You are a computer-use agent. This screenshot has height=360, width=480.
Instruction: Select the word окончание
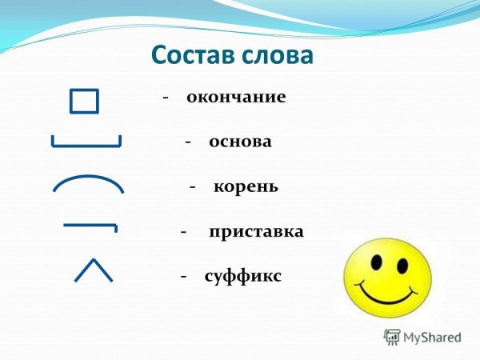pos(236,98)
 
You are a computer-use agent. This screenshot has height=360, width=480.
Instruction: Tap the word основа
pos(240,142)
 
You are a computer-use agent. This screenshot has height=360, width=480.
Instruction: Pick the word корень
pos(246,186)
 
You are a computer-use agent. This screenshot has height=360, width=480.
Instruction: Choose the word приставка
pos(256,232)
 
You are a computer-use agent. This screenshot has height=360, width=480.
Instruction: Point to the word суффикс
pos(242,276)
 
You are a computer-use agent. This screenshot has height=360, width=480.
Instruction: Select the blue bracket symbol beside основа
pos(86,142)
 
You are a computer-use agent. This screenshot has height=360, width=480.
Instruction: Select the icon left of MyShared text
pos(392,337)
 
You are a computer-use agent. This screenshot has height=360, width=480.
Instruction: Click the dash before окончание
pos(166,98)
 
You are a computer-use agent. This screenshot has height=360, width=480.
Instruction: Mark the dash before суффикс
pos(183,276)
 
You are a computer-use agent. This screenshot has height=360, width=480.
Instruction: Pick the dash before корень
pos(193,186)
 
